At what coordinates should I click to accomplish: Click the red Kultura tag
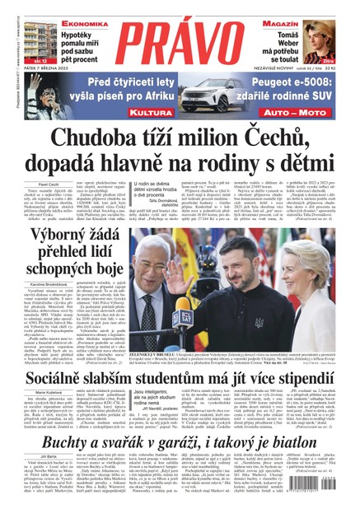124,110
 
